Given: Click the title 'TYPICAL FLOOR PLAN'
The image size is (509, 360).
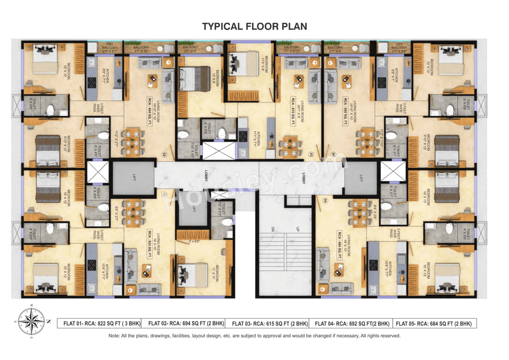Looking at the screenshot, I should (x=254, y=26).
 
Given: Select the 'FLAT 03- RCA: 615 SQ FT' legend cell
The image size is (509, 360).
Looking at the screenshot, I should (x=270, y=323).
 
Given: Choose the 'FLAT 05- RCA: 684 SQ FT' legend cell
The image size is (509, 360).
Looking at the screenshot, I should (x=434, y=323).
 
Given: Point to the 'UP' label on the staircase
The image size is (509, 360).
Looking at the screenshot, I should (x=297, y=230).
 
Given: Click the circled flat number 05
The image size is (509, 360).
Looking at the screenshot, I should (x=325, y=200).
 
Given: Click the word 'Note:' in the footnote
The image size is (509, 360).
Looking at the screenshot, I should (x=115, y=336).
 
